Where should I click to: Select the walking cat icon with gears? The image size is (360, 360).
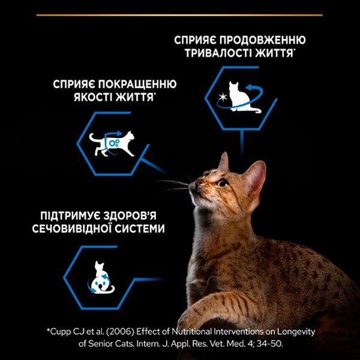click(111, 143)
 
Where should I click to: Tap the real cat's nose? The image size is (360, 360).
click(197, 182)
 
